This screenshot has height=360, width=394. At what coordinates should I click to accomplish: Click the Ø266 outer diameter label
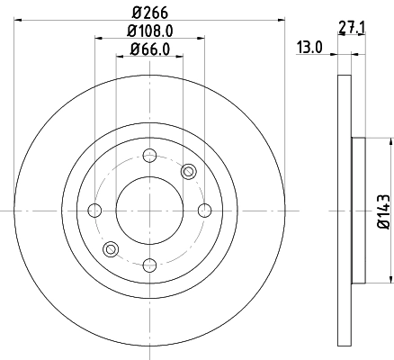click(149, 13)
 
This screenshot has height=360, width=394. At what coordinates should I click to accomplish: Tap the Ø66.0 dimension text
click(149, 49)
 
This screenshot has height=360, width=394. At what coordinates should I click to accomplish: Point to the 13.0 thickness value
click(310, 48)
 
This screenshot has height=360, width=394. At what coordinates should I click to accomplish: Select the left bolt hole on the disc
click(94, 211)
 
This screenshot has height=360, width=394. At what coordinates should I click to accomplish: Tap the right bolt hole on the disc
click(204, 211)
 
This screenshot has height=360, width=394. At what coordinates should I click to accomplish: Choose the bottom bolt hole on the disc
click(149, 265)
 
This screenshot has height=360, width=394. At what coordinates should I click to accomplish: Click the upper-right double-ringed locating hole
click(188, 172)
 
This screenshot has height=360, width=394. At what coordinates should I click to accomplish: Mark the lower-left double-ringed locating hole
click(111, 249)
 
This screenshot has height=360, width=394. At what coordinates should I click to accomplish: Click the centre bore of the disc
click(149, 211)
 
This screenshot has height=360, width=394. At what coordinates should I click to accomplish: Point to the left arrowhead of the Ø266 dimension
click(19, 20)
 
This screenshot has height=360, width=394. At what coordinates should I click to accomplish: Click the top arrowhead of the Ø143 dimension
click(390, 142)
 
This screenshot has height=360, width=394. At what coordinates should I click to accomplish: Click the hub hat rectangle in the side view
click(357, 211)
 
